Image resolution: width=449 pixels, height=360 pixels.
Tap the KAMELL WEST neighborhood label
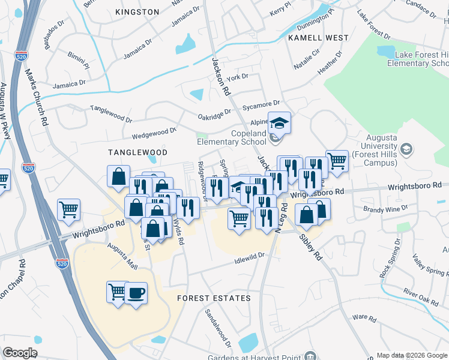(x=318, y=38)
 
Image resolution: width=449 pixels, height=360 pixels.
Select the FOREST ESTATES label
(x=213, y=298)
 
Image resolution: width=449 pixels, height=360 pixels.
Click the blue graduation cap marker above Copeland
(x=279, y=124)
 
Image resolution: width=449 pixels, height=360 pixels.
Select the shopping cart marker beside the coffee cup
(x=117, y=292)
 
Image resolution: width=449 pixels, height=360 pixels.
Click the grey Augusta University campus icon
(x=406, y=149)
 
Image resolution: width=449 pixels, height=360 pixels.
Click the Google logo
(x=20, y=353)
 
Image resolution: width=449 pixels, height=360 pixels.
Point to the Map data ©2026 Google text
(x=411, y=355)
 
